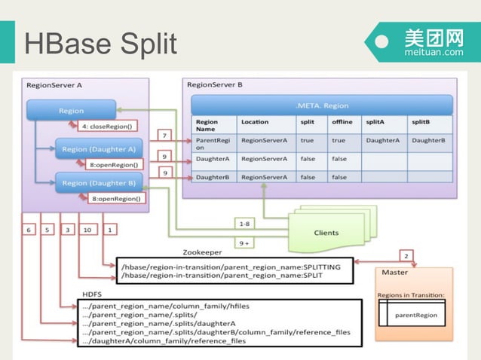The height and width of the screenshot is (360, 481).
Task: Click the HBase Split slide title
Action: point(100,43)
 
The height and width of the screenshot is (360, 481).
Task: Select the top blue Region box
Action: point(72,111)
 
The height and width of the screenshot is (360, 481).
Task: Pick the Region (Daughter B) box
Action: point(99,182)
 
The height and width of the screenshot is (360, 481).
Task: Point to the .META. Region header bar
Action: point(322,105)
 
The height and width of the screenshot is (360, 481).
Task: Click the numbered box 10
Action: point(87,228)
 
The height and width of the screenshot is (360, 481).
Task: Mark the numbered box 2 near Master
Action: point(406,255)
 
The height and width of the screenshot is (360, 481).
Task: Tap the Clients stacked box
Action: point(326,232)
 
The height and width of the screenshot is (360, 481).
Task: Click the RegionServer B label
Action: point(215,84)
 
